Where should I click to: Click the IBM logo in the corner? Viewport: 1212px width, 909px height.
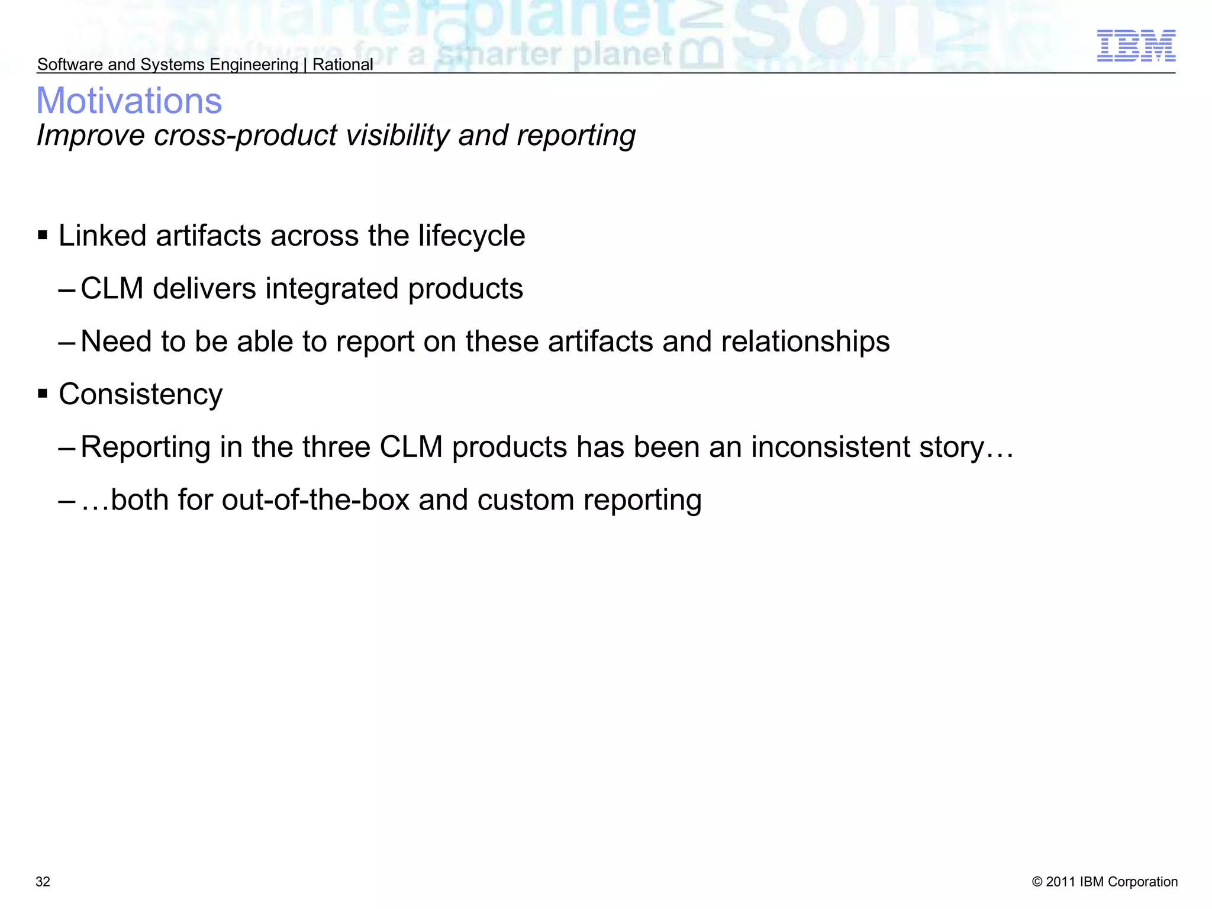1136,46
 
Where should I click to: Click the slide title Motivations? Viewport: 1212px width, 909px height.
129,101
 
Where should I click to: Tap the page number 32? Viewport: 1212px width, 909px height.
43,882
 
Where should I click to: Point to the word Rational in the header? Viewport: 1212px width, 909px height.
343,65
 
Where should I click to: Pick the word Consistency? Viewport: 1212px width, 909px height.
141,394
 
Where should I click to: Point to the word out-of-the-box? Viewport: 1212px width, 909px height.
316,499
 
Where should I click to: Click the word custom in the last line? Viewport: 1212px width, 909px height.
526,499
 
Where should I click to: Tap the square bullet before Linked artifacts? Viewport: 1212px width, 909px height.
43,236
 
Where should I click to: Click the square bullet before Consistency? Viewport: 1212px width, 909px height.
43,394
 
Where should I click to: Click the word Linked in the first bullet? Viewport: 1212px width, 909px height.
102,236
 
